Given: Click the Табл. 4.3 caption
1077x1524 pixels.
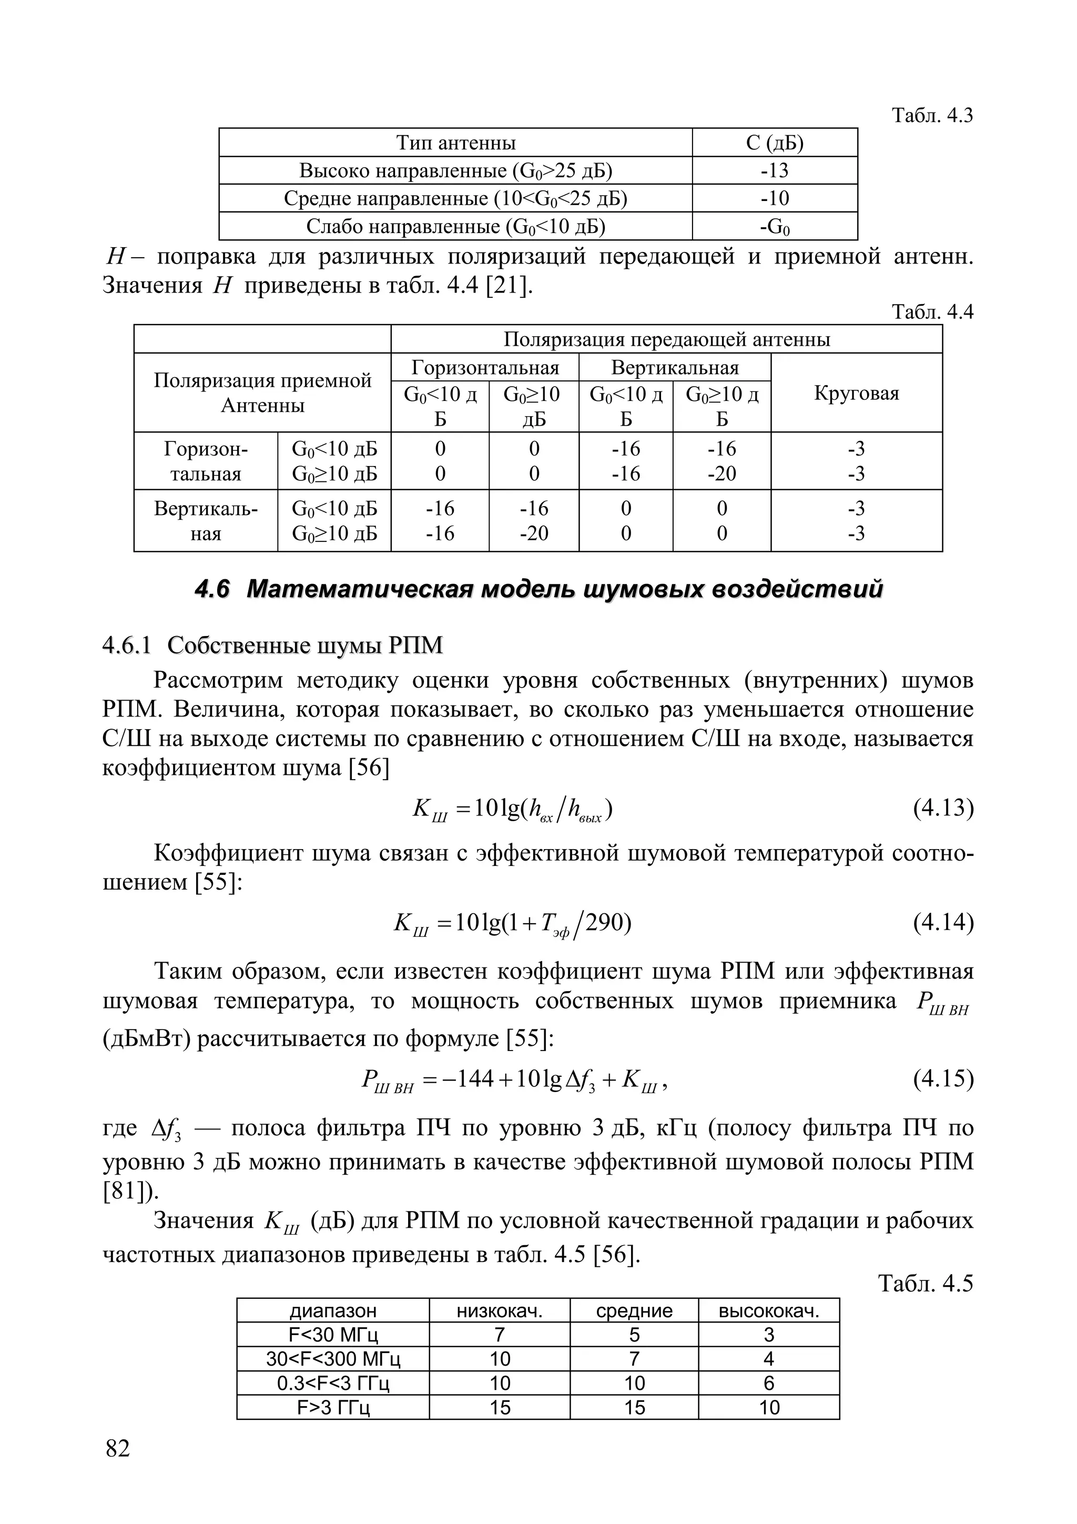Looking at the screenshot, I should tap(932, 116).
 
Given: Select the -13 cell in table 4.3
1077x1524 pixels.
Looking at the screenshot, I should tap(775, 170).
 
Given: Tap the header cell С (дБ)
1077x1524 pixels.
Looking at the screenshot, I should tap(775, 143).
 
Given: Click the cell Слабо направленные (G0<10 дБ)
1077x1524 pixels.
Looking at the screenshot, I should tap(455, 226).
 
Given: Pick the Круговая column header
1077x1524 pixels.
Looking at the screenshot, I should tap(856, 393).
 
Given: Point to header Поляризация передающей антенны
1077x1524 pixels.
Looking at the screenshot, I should tap(666, 339).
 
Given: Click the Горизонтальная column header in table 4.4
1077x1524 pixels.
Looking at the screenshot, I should tap(485, 368).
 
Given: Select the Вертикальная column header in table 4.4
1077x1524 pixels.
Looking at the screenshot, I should tap(674, 368).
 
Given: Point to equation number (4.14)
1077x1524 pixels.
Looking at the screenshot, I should tap(943, 922).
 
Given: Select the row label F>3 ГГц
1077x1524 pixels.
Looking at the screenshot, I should tap(332, 1407).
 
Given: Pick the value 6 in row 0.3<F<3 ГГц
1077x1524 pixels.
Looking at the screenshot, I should tap(768, 1384).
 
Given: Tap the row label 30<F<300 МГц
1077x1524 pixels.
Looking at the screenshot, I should tap(332, 1359).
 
